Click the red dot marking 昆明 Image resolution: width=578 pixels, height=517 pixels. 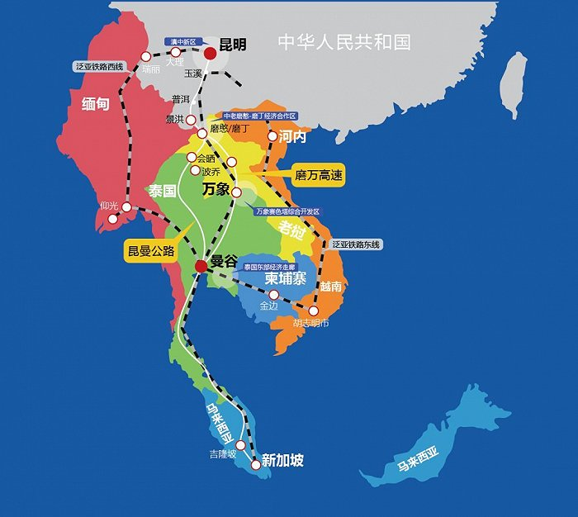coord(211,53)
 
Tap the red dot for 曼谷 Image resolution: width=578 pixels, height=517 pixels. coord(201,266)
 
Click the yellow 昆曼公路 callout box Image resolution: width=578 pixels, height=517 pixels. coord(151,250)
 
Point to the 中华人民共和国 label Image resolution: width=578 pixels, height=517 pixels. coord(343,41)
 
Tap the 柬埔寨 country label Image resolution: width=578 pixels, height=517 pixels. coord(286,279)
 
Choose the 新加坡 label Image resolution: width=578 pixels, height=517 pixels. coord(282,460)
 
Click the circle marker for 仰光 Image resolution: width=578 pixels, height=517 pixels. coord(126,206)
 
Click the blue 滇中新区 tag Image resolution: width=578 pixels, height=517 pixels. coord(182,40)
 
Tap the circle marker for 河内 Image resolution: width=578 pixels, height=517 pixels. coord(272,135)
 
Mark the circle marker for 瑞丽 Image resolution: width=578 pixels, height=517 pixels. coord(146,57)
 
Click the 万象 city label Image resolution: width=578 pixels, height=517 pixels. coord(216,189)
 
